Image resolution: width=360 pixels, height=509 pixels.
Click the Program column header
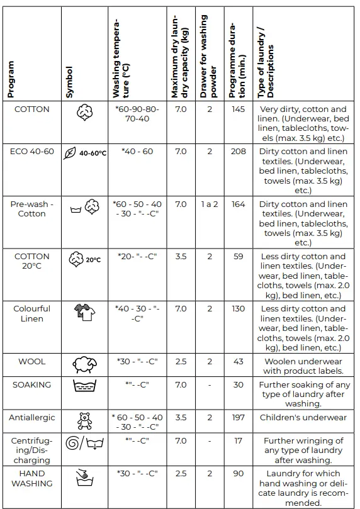pyautogui.click(x=11, y=79)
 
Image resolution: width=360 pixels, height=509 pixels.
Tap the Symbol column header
pyautogui.click(x=69, y=82)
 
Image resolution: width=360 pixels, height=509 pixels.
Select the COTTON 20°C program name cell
pyautogui.click(x=32, y=261)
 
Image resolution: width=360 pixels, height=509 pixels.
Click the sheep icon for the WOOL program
pyautogui.click(x=84, y=364)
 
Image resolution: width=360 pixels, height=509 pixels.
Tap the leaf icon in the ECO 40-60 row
pyautogui.click(x=70, y=153)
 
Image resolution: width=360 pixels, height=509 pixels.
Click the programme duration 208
pyautogui.click(x=238, y=152)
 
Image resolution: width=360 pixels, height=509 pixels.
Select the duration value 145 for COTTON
pyautogui.click(x=238, y=109)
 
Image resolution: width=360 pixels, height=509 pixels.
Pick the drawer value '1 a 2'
pyautogui.click(x=210, y=204)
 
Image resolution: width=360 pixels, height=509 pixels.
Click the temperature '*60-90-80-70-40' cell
pyautogui.click(x=137, y=114)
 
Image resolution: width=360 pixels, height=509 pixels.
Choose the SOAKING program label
pyautogui.click(x=32, y=384)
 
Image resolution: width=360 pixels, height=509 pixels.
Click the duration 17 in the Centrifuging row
pyautogui.click(x=238, y=441)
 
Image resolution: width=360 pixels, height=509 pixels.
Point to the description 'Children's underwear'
pyautogui.click(x=303, y=417)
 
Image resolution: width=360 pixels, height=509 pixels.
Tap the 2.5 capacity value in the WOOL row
pyautogui.click(x=181, y=361)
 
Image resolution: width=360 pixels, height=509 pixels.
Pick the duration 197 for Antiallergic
pyautogui.click(x=238, y=417)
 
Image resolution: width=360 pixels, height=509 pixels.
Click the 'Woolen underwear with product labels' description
pyautogui.click(x=303, y=366)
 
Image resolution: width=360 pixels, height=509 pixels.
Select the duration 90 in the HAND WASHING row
pyautogui.click(x=238, y=473)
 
